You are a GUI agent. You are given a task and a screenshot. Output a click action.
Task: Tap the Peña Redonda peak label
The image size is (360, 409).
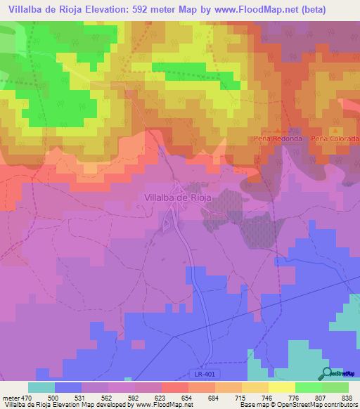(278, 138)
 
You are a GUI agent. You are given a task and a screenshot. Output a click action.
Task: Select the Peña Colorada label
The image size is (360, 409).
(335, 138)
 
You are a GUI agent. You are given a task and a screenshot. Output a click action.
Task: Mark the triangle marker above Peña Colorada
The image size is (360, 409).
(336, 131)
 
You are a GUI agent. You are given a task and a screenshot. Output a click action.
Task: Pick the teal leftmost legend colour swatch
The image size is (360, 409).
(41, 387)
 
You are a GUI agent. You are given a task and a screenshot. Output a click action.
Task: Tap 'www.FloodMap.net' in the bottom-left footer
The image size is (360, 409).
(158, 405)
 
